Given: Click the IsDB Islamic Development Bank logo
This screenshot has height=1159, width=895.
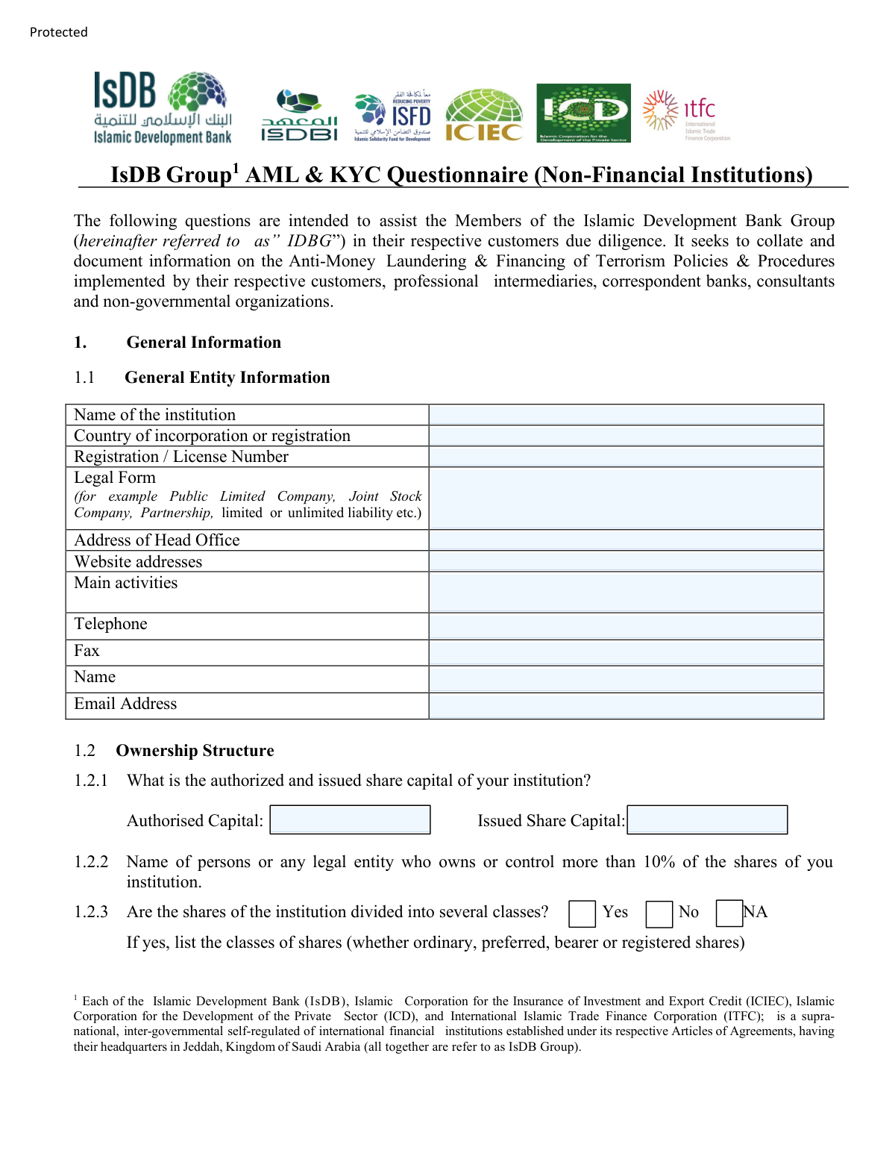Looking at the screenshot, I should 163,107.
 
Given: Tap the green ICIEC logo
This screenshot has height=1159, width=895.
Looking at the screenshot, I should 484,115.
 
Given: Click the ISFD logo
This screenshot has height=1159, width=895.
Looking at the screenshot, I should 393,116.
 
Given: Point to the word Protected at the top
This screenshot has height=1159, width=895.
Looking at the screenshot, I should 59,32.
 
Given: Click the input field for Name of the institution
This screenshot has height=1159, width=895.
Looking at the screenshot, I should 626,415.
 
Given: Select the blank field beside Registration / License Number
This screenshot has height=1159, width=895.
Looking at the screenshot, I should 626,457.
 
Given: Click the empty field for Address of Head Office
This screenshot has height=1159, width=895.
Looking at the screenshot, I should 626,540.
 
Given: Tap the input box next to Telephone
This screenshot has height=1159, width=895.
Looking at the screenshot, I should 626,626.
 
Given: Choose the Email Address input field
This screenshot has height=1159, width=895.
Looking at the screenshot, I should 626,706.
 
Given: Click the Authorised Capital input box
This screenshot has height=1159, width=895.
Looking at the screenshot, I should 350,819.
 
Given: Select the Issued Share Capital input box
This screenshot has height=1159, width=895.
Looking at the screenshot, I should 707,819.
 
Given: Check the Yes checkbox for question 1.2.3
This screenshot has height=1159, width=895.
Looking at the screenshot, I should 582,913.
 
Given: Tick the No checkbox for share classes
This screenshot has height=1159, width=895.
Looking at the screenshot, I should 659,913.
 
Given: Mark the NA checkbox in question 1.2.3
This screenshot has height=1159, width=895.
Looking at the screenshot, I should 729,913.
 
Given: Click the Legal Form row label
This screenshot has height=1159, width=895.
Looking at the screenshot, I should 115,478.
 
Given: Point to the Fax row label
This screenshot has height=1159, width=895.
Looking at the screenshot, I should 87,651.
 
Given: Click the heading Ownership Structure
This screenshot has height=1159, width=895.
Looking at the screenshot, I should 195,751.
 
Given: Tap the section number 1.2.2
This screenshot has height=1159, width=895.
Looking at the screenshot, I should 91,862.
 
